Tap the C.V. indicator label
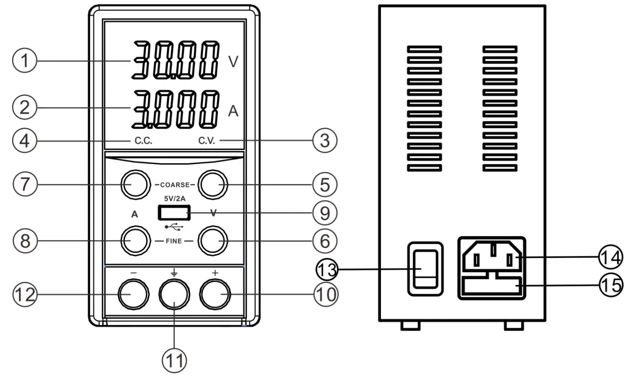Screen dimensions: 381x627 tap(206, 141)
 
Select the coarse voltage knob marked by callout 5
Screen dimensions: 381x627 tap(213, 184)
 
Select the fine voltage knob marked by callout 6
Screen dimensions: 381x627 tap(213, 241)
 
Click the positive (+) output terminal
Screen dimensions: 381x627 tap(214, 295)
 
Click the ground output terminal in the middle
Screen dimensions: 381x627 tap(174, 295)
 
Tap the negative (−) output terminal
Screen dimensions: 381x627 tap(132, 295)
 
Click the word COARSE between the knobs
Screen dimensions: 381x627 tap(174, 185)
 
